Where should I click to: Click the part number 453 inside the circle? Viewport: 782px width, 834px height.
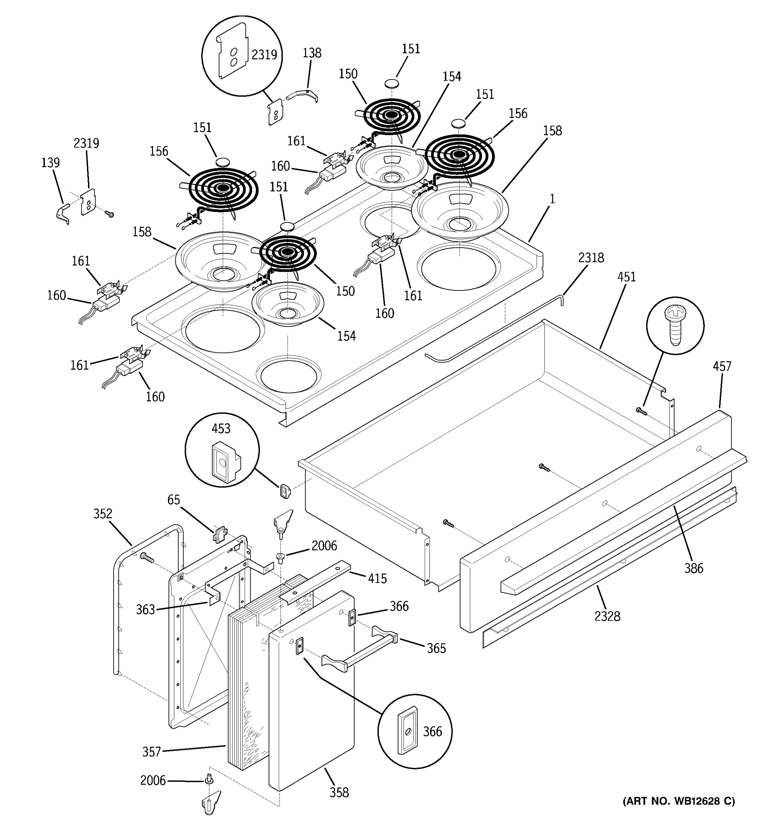[x=221, y=429]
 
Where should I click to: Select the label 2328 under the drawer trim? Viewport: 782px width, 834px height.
[x=607, y=616]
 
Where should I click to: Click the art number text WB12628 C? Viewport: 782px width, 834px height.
[x=678, y=801]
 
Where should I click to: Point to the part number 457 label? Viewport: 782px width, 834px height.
[x=722, y=367]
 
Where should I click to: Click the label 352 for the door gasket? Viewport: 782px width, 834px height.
[x=103, y=514]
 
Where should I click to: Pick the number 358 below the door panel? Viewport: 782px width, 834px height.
[x=339, y=792]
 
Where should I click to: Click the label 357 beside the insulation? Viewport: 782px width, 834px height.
[x=152, y=752]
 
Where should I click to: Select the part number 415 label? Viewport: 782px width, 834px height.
[x=377, y=579]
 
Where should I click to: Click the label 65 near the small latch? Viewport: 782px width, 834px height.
[x=173, y=500]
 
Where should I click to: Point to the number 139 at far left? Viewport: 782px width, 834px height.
[x=50, y=163]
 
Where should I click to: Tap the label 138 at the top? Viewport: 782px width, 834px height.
[x=312, y=53]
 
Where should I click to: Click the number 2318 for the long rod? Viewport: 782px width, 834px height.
[x=591, y=257]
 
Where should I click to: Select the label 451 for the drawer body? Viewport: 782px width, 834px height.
[x=626, y=277]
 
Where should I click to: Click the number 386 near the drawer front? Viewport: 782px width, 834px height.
[x=693, y=569]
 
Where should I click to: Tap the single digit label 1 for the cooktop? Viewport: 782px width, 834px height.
[x=553, y=199]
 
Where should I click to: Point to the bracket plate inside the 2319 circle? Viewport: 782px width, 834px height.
[x=232, y=52]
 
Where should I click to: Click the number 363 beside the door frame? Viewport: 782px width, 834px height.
[x=145, y=610]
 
